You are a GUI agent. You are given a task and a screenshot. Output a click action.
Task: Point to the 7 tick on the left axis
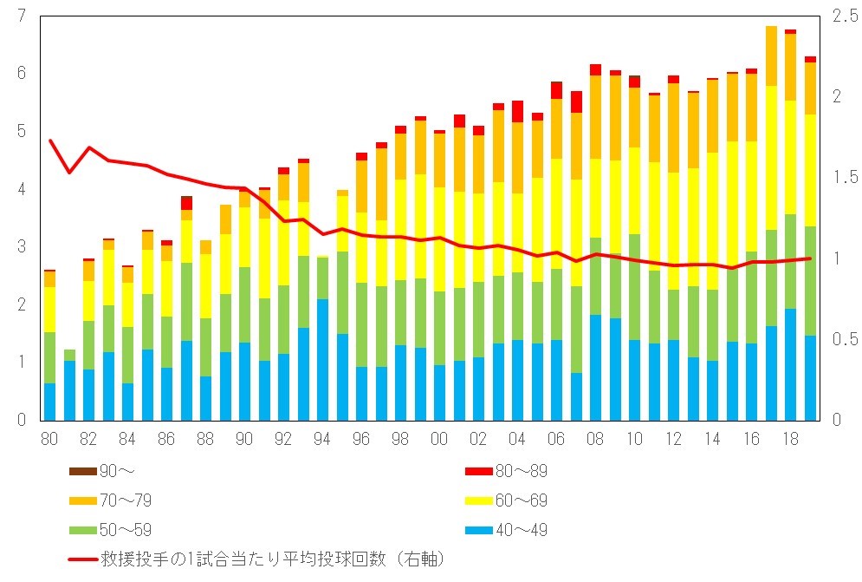(20, 16)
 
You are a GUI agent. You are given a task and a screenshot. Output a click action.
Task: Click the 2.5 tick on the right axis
(842, 16)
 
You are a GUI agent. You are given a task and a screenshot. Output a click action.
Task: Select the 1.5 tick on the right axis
(842, 177)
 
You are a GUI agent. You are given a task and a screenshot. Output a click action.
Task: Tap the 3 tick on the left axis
(20, 247)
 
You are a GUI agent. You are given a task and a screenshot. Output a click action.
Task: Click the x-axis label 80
(49, 440)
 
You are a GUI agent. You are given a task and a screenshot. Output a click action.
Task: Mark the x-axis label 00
(439, 440)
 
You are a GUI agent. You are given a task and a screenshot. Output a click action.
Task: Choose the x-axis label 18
(790, 440)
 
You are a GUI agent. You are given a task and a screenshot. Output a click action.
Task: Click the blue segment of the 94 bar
(322, 359)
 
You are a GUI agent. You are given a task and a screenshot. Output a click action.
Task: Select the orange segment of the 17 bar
(771, 56)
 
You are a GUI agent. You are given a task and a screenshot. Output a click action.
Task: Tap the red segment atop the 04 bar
(517, 111)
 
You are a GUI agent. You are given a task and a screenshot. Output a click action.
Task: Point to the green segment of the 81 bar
(69, 355)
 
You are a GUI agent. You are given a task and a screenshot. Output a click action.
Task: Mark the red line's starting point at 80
(50, 141)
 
